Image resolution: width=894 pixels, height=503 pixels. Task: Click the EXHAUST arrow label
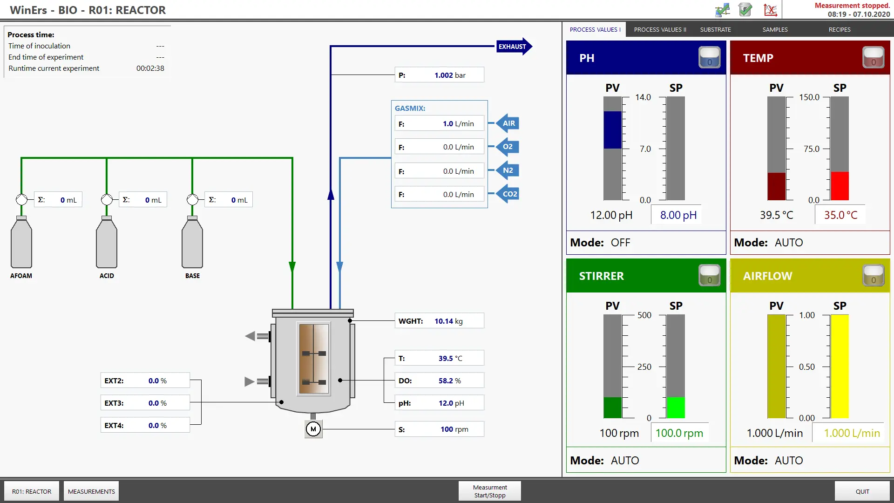pos(514,47)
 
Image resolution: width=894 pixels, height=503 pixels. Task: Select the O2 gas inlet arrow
pos(507,147)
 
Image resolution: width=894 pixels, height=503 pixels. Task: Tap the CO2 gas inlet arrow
pos(507,194)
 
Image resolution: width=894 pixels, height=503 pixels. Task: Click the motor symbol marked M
pos(313,429)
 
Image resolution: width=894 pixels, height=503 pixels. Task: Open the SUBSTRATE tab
pos(715,29)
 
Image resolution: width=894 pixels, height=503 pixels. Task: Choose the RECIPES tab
pos(840,29)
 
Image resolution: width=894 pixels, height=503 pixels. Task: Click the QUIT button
pos(862,491)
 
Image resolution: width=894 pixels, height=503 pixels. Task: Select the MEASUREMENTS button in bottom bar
pos(91,491)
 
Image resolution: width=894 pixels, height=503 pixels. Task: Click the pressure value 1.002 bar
pos(450,75)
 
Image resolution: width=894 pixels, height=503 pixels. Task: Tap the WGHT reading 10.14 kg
pos(448,321)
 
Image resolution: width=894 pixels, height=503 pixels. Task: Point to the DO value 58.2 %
pos(449,381)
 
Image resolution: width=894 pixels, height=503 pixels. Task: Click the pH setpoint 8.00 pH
pos(678,215)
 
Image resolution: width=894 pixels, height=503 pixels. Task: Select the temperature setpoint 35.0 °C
pos(840,215)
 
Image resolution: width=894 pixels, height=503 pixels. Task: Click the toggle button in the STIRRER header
pos(709,275)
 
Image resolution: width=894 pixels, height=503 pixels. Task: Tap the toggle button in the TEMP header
pos(873,58)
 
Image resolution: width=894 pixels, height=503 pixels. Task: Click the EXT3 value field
pos(145,403)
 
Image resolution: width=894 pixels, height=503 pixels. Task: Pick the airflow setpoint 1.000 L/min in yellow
pos(852,433)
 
